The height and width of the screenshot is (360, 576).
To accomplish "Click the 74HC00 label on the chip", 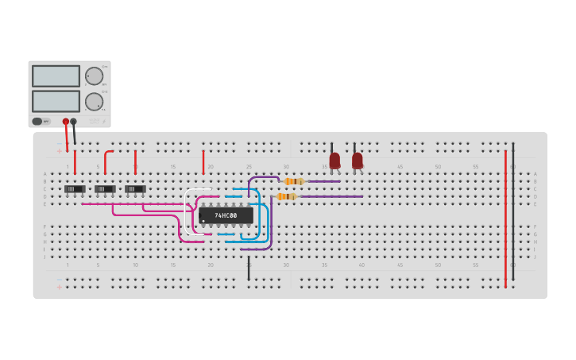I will click(x=226, y=215).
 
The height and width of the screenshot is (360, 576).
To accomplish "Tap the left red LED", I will click(x=334, y=160).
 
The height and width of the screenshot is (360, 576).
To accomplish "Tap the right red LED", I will click(x=358, y=160).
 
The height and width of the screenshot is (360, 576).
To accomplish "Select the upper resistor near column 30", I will click(x=293, y=181).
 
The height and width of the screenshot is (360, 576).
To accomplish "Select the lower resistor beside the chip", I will click(x=286, y=196).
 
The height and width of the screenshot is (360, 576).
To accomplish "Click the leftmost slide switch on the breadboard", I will click(x=75, y=189).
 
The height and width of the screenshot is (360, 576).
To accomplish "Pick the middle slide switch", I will click(x=105, y=189).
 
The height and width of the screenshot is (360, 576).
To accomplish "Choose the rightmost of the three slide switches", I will click(x=135, y=189).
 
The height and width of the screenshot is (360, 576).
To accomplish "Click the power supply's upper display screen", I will click(x=56, y=76).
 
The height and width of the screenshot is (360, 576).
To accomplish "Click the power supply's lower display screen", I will click(x=56, y=101).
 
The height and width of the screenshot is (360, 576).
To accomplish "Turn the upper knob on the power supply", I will click(x=94, y=76).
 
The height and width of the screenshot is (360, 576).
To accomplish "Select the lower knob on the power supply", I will click(x=94, y=101).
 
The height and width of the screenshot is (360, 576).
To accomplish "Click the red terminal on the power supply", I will click(x=66, y=122).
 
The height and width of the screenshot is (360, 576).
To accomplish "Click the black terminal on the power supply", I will click(x=74, y=122).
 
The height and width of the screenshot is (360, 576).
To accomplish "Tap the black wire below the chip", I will click(x=249, y=267).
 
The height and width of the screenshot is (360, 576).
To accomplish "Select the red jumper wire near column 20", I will click(x=203, y=162).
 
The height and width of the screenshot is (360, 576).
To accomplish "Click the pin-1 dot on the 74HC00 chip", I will click(x=204, y=221).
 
